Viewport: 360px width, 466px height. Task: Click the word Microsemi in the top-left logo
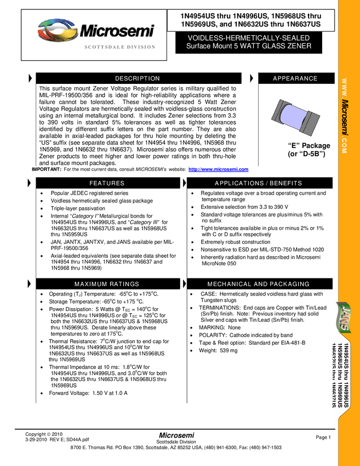click(x=117, y=31)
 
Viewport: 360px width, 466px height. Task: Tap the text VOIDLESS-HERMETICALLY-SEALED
click(x=248, y=38)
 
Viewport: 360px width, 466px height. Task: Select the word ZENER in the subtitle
click(x=300, y=46)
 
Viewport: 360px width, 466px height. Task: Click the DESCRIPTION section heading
click(x=137, y=78)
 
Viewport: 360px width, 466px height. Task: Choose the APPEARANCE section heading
click(x=295, y=78)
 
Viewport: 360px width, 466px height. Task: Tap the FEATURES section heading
click(x=107, y=183)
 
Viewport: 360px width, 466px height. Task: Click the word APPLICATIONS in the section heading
click(x=239, y=183)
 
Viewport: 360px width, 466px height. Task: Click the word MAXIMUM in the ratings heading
click(x=90, y=284)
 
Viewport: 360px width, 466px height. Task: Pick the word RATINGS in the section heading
click(x=124, y=284)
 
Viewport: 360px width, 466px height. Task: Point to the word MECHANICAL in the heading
click(x=230, y=284)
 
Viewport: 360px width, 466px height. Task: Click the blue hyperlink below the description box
click(x=218, y=170)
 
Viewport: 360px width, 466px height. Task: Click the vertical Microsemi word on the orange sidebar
click(x=345, y=118)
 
